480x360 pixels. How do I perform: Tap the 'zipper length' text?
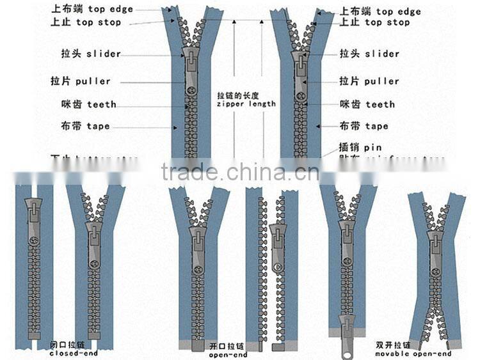246,104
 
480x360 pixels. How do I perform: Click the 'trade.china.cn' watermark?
239,172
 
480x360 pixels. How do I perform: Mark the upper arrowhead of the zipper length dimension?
234,22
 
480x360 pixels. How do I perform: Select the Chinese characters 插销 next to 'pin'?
349,148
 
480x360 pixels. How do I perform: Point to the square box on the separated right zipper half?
276,348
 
